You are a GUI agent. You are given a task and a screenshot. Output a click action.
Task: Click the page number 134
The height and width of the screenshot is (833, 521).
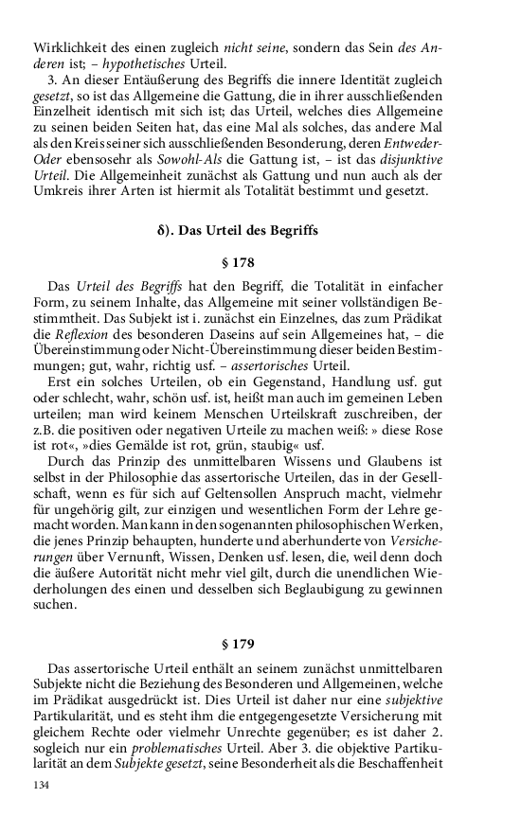(41, 786)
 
